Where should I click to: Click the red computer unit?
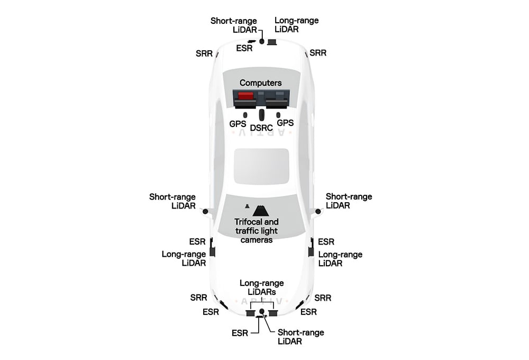click(245, 96)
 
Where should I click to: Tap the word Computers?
click(261, 83)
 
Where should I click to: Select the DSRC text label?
click(261, 128)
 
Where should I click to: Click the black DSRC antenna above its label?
click(261, 115)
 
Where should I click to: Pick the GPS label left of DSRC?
click(238, 123)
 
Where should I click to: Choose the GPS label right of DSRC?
click(285, 123)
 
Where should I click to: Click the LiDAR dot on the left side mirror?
click(205, 211)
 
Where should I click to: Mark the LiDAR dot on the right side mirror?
click(318, 211)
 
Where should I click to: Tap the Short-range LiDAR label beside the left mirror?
click(172, 201)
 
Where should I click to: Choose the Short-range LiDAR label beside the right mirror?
click(349, 201)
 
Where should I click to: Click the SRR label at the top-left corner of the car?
click(204, 53)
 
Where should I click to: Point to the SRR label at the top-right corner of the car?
click(318, 53)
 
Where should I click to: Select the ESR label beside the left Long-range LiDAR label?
click(197, 241)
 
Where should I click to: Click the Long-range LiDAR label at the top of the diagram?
click(296, 25)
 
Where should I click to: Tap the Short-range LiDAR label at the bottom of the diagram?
click(300, 337)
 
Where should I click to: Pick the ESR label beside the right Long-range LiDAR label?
click(326, 241)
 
